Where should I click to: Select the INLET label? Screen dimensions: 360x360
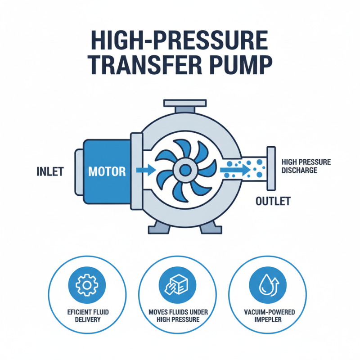click(50, 171)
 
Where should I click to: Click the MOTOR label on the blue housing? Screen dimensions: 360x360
click(107, 171)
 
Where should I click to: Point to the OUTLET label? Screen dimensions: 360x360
click(273, 201)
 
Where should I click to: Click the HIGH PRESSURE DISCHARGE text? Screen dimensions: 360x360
click(305, 166)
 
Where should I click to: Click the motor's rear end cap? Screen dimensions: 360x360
click(78, 171)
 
